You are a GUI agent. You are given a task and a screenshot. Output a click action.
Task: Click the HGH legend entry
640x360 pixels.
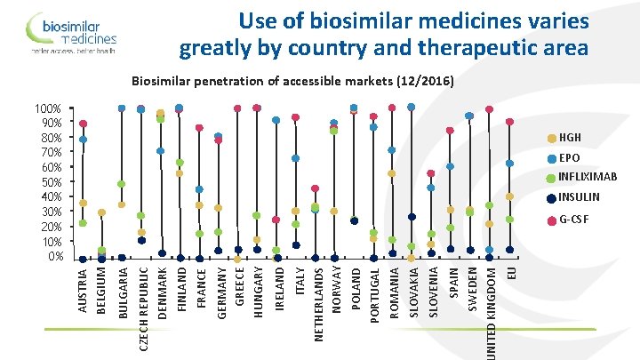569,138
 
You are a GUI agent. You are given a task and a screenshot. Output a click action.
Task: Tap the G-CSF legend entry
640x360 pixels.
572,219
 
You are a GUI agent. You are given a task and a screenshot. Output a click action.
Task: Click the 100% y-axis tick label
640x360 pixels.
45,108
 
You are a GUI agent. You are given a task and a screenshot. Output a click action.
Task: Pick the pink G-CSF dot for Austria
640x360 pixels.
83,124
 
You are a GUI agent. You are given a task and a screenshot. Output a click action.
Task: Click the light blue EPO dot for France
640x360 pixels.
199,189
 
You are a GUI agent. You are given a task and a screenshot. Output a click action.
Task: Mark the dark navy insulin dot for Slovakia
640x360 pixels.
411,217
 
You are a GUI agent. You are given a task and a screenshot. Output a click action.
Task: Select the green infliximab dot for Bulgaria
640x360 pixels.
122,184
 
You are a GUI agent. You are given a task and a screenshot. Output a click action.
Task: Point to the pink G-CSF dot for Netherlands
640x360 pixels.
316,188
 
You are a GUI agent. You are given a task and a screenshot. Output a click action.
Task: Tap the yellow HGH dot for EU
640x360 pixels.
509,196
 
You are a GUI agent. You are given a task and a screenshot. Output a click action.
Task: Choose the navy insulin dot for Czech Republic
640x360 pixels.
141,240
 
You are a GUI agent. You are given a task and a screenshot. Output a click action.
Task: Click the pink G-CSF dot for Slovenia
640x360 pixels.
431,173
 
